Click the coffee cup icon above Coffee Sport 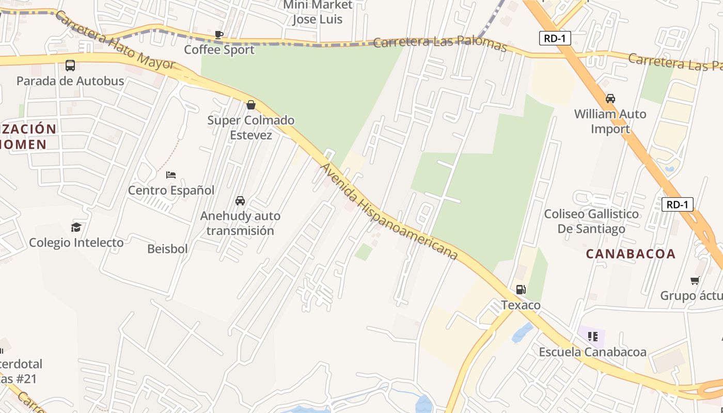(219, 35)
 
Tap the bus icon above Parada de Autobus (70, 66)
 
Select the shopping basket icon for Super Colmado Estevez (251, 105)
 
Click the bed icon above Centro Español (171, 175)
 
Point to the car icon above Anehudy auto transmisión (240, 200)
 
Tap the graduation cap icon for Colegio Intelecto (76, 227)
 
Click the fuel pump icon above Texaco (521, 290)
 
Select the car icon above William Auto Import (610, 98)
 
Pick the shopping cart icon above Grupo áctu (695, 281)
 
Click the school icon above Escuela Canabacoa (592, 337)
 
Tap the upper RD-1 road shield (555, 38)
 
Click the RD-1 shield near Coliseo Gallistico (678, 204)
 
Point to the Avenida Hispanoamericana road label (389, 212)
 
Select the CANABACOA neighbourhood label (631, 253)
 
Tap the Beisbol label (167, 249)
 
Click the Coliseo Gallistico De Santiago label (591, 221)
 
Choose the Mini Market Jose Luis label (318, 12)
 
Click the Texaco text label (521, 305)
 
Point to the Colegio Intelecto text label (76, 243)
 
